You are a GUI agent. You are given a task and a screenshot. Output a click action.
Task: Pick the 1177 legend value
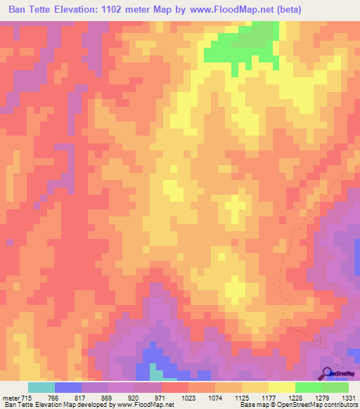269,398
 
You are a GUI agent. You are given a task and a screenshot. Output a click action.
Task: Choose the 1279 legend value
323,398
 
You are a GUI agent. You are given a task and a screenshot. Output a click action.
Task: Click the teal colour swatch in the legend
41,387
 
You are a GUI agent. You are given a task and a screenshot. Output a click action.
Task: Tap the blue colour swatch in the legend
68,387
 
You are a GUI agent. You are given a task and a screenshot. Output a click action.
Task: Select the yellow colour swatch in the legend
282,387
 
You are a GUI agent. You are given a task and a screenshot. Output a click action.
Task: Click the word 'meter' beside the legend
11,398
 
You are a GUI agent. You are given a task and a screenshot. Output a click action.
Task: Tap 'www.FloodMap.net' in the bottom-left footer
144,405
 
